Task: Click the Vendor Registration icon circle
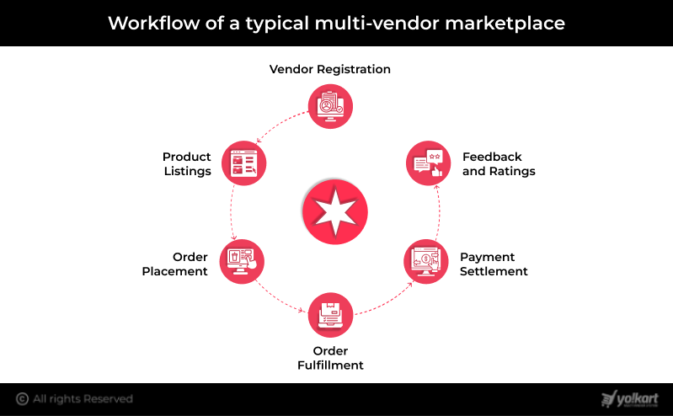coord(330,106)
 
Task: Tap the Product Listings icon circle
coord(243,163)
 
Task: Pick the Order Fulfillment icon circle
coord(330,315)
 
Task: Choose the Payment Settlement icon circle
coord(425,261)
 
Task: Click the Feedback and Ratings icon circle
coord(428,163)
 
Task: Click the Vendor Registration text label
coord(330,69)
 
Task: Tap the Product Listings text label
coord(187,163)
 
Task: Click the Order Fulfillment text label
coord(330,358)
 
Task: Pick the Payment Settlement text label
coord(494,264)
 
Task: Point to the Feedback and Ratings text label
coord(499,163)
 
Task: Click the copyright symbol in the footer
coord(22,398)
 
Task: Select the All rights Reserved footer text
coord(83,398)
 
